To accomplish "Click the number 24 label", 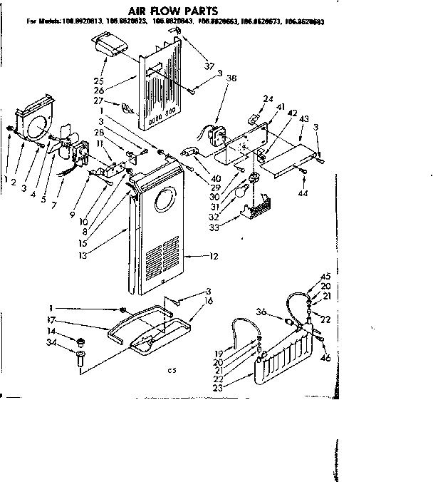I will pos(268,98).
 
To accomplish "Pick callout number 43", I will pos(305,118).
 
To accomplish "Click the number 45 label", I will pos(325,277).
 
